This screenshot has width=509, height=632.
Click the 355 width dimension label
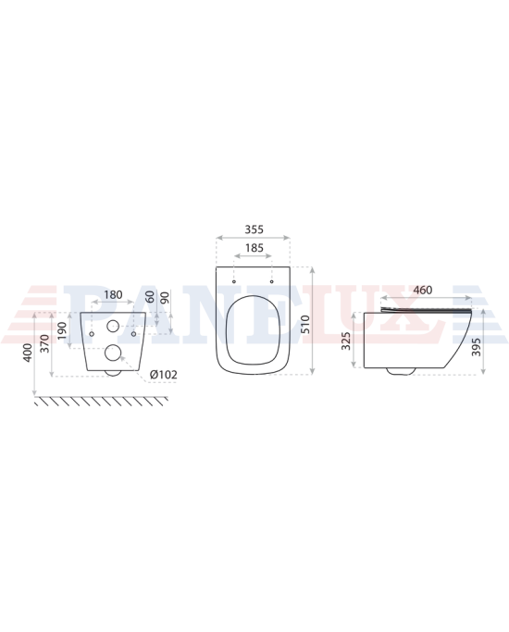(254, 229)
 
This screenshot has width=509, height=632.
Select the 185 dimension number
(254, 248)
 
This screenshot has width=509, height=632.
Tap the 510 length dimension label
(305, 324)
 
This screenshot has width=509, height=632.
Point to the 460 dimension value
(423, 290)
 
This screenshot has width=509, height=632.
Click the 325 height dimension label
(346, 341)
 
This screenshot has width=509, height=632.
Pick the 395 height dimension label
(477, 347)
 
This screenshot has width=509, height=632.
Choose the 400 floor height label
(28, 353)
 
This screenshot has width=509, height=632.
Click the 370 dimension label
(45, 344)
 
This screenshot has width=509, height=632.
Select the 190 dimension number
(62, 330)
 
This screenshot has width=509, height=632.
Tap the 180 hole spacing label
(113, 294)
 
